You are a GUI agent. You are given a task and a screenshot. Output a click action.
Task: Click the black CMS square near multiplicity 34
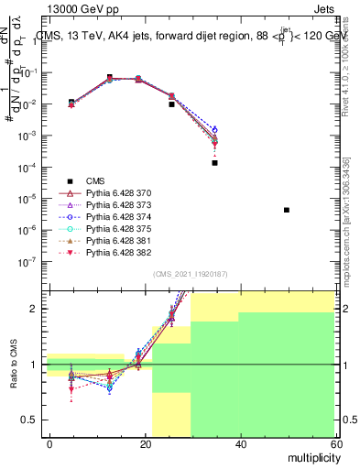point(214,162)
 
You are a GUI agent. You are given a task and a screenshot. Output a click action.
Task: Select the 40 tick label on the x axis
point(240,443)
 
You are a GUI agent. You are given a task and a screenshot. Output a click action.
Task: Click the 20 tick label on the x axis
point(145,443)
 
